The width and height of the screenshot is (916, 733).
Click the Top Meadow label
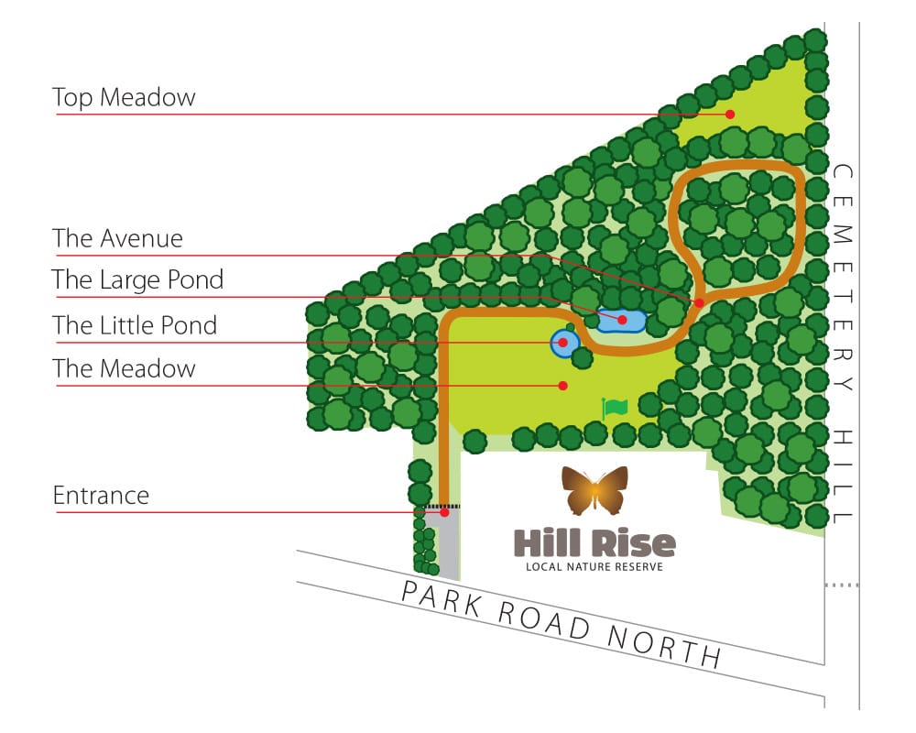coord(124,97)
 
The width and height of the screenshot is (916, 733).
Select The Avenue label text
coord(117,239)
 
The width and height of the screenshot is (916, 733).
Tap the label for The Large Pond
coord(137,279)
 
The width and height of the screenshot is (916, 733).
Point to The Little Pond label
coord(135,325)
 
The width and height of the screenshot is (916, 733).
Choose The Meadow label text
coord(124,369)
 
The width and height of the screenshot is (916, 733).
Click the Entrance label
coord(101,496)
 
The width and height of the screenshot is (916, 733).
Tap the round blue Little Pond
coord(565,344)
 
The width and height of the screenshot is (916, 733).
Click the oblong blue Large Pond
coord(622,320)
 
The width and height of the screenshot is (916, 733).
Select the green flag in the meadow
coord(615,407)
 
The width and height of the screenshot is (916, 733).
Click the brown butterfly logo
coord(595,489)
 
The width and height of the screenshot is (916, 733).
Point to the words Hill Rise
coord(594,542)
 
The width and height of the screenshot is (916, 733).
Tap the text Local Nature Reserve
coord(594,566)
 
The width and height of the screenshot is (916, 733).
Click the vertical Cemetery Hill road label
coord(843,344)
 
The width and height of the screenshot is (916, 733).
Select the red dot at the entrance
coord(444,512)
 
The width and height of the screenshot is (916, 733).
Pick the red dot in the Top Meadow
coord(730,115)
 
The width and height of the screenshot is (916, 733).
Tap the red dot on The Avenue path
coord(699,302)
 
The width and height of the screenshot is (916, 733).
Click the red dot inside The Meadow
coord(564,386)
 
